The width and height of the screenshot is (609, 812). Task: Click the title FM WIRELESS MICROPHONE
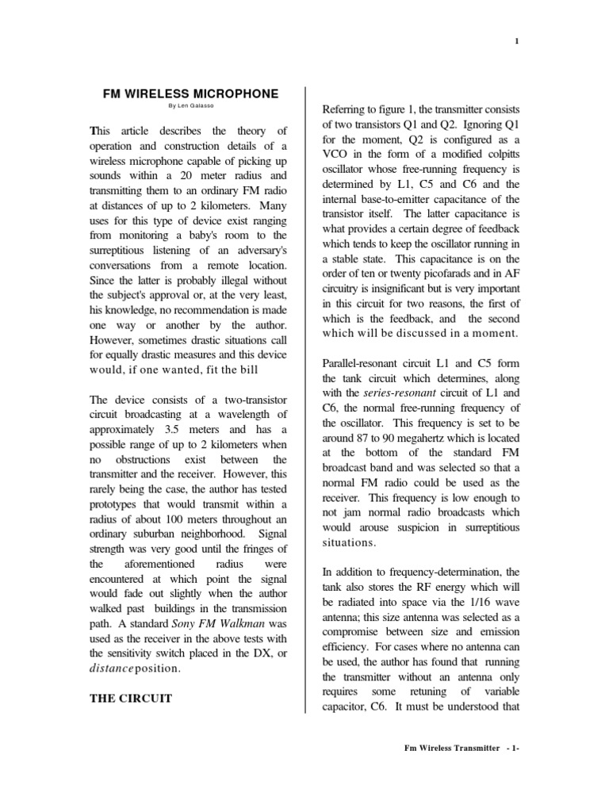(192, 94)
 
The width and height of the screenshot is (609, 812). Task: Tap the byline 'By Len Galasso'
(192, 106)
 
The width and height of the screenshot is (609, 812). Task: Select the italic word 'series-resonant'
(396, 393)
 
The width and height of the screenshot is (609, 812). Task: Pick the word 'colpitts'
(497, 154)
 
